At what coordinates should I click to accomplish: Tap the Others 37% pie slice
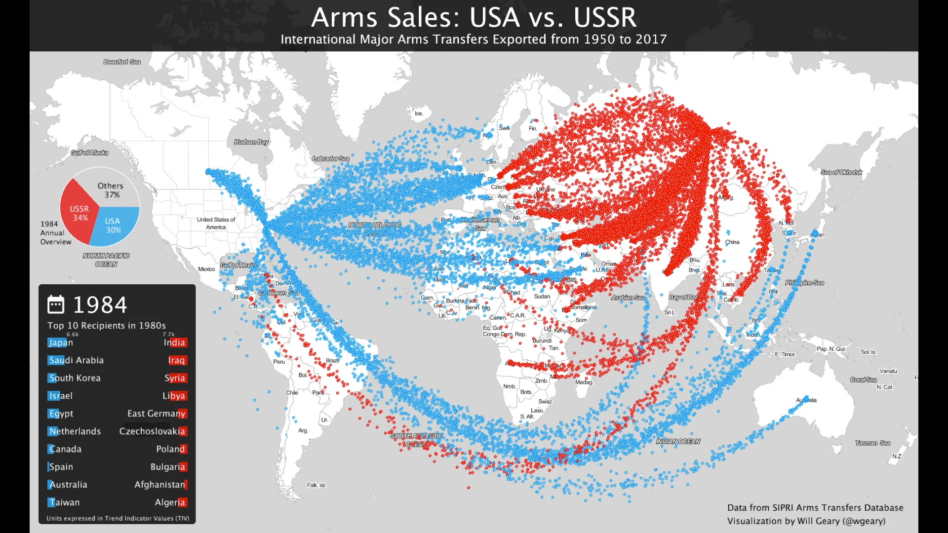tap(111, 190)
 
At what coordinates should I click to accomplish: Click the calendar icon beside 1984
tap(56, 305)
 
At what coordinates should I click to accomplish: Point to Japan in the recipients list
tap(61, 343)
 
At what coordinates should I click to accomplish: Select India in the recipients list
tap(174, 343)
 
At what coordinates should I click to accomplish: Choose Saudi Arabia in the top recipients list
tap(76, 360)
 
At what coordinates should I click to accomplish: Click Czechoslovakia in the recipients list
tap(152, 431)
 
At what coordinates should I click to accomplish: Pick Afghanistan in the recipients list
tap(160, 485)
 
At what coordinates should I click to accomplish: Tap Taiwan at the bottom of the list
tap(64, 502)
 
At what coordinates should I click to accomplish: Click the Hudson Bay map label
tap(251, 142)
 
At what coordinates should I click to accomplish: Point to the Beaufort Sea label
tap(122, 62)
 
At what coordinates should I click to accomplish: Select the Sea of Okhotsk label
tap(841, 172)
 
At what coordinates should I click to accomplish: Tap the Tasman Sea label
tap(872, 443)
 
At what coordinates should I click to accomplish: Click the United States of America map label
tap(216, 223)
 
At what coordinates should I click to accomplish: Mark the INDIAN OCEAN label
tap(678, 442)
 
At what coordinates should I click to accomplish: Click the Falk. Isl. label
tap(316, 485)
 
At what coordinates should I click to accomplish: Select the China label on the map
tap(732, 242)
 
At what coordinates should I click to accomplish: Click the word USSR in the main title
tap(605, 18)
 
